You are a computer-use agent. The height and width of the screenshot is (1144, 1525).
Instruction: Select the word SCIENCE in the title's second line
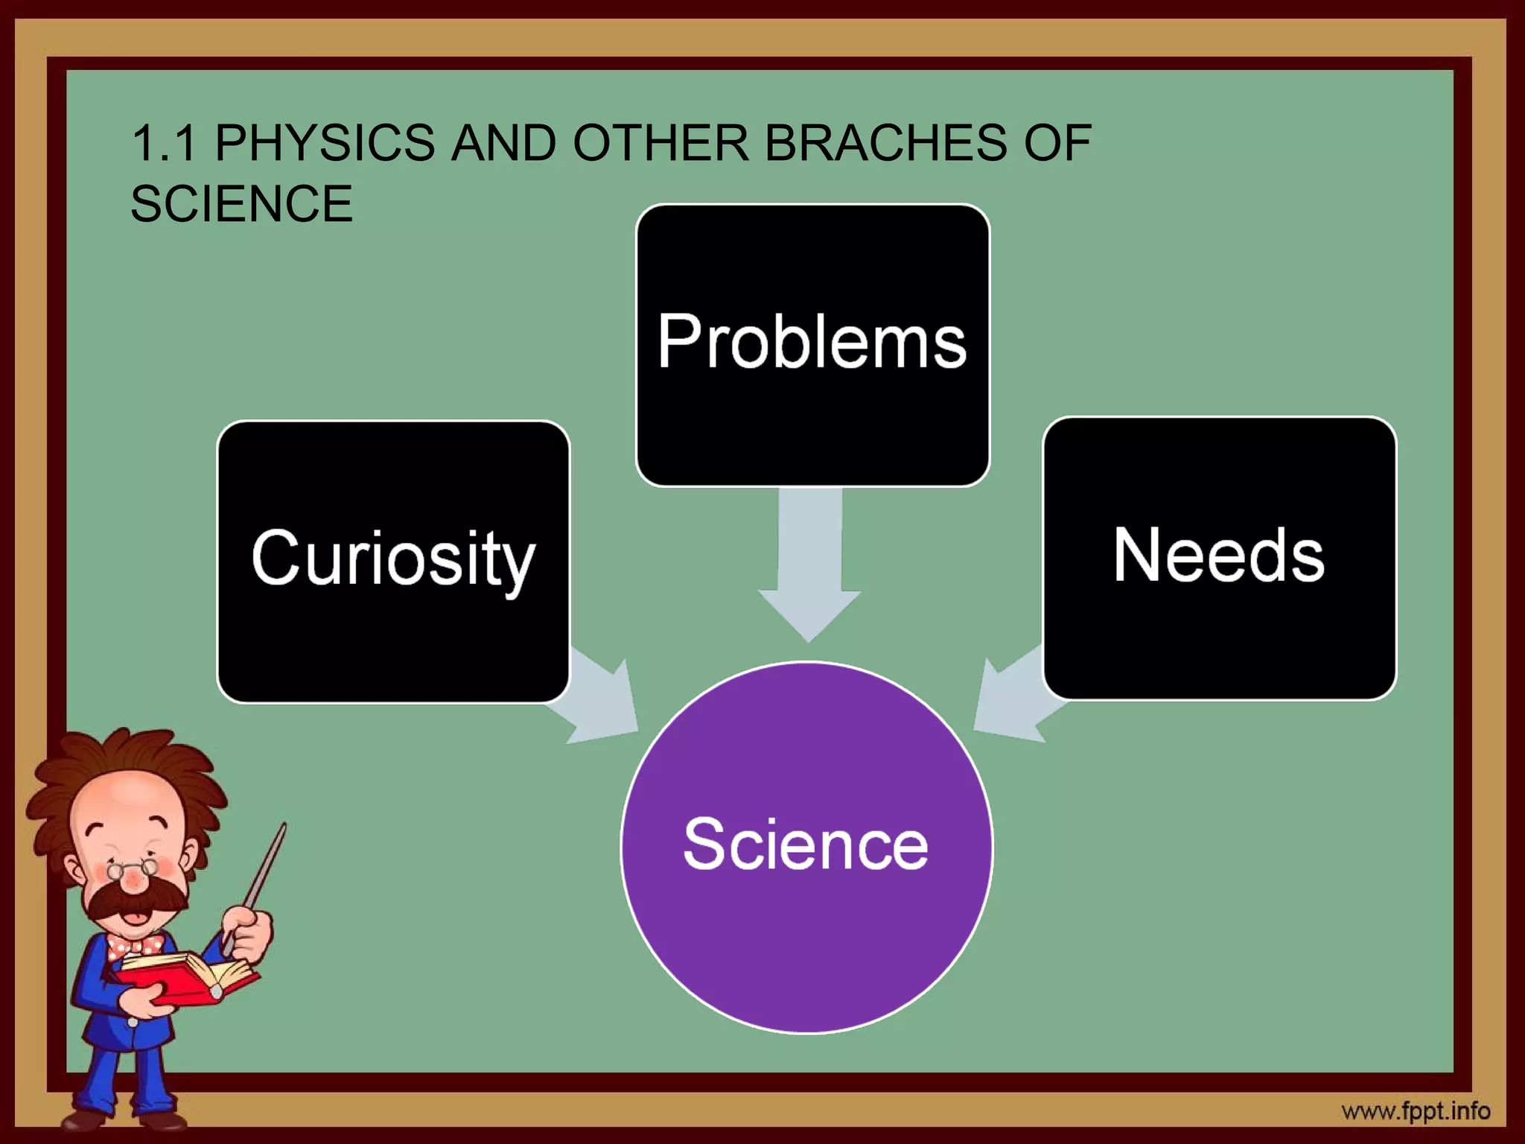point(241,203)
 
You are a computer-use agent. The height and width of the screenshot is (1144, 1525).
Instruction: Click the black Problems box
point(812,344)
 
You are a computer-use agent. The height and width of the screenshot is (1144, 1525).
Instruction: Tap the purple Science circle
point(806,847)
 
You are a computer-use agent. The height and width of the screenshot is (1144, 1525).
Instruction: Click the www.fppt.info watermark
point(1415,1112)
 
